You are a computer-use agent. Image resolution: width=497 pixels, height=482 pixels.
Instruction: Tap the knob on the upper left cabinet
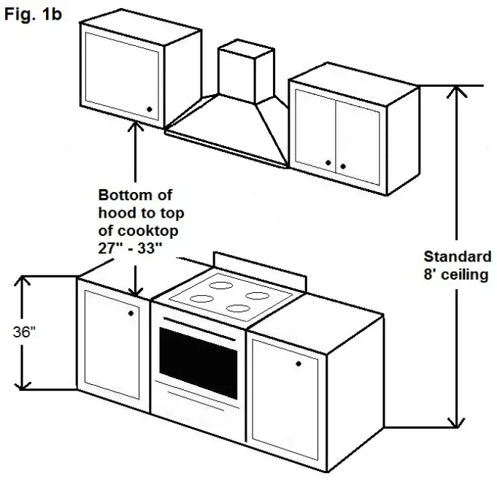coord(150,110)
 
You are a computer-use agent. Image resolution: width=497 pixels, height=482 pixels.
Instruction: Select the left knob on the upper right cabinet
coord(328,162)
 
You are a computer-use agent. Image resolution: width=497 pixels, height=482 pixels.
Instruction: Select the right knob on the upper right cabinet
coord(342,167)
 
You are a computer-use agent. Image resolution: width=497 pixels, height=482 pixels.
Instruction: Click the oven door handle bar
coord(199,322)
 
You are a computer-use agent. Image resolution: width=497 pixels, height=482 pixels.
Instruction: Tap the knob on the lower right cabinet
coord(298,363)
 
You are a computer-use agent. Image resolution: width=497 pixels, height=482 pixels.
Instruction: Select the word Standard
coord(458,257)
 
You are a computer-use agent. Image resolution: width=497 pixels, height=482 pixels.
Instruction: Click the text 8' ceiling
coord(458,275)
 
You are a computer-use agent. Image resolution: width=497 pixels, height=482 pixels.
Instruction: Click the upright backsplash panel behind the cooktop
coord(259,269)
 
